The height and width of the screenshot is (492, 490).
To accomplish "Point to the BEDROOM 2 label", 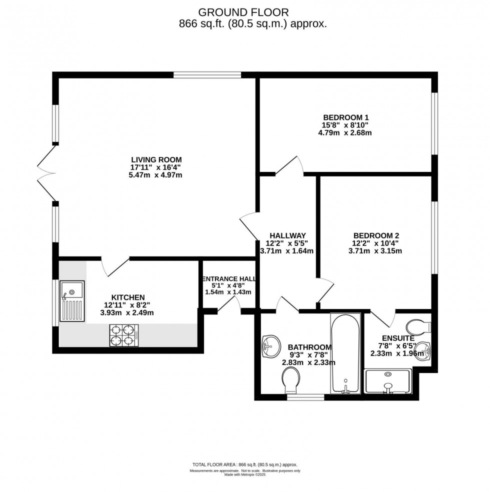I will tap(376, 235).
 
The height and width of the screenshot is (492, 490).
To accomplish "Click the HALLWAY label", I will tap(287, 235).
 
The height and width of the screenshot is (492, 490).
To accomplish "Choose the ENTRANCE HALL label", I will tap(228, 279).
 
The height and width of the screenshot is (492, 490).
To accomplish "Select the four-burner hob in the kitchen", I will tap(123, 335).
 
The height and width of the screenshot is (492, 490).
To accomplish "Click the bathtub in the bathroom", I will tap(345, 353).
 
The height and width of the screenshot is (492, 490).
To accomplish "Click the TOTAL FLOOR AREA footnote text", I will tap(245, 464).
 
